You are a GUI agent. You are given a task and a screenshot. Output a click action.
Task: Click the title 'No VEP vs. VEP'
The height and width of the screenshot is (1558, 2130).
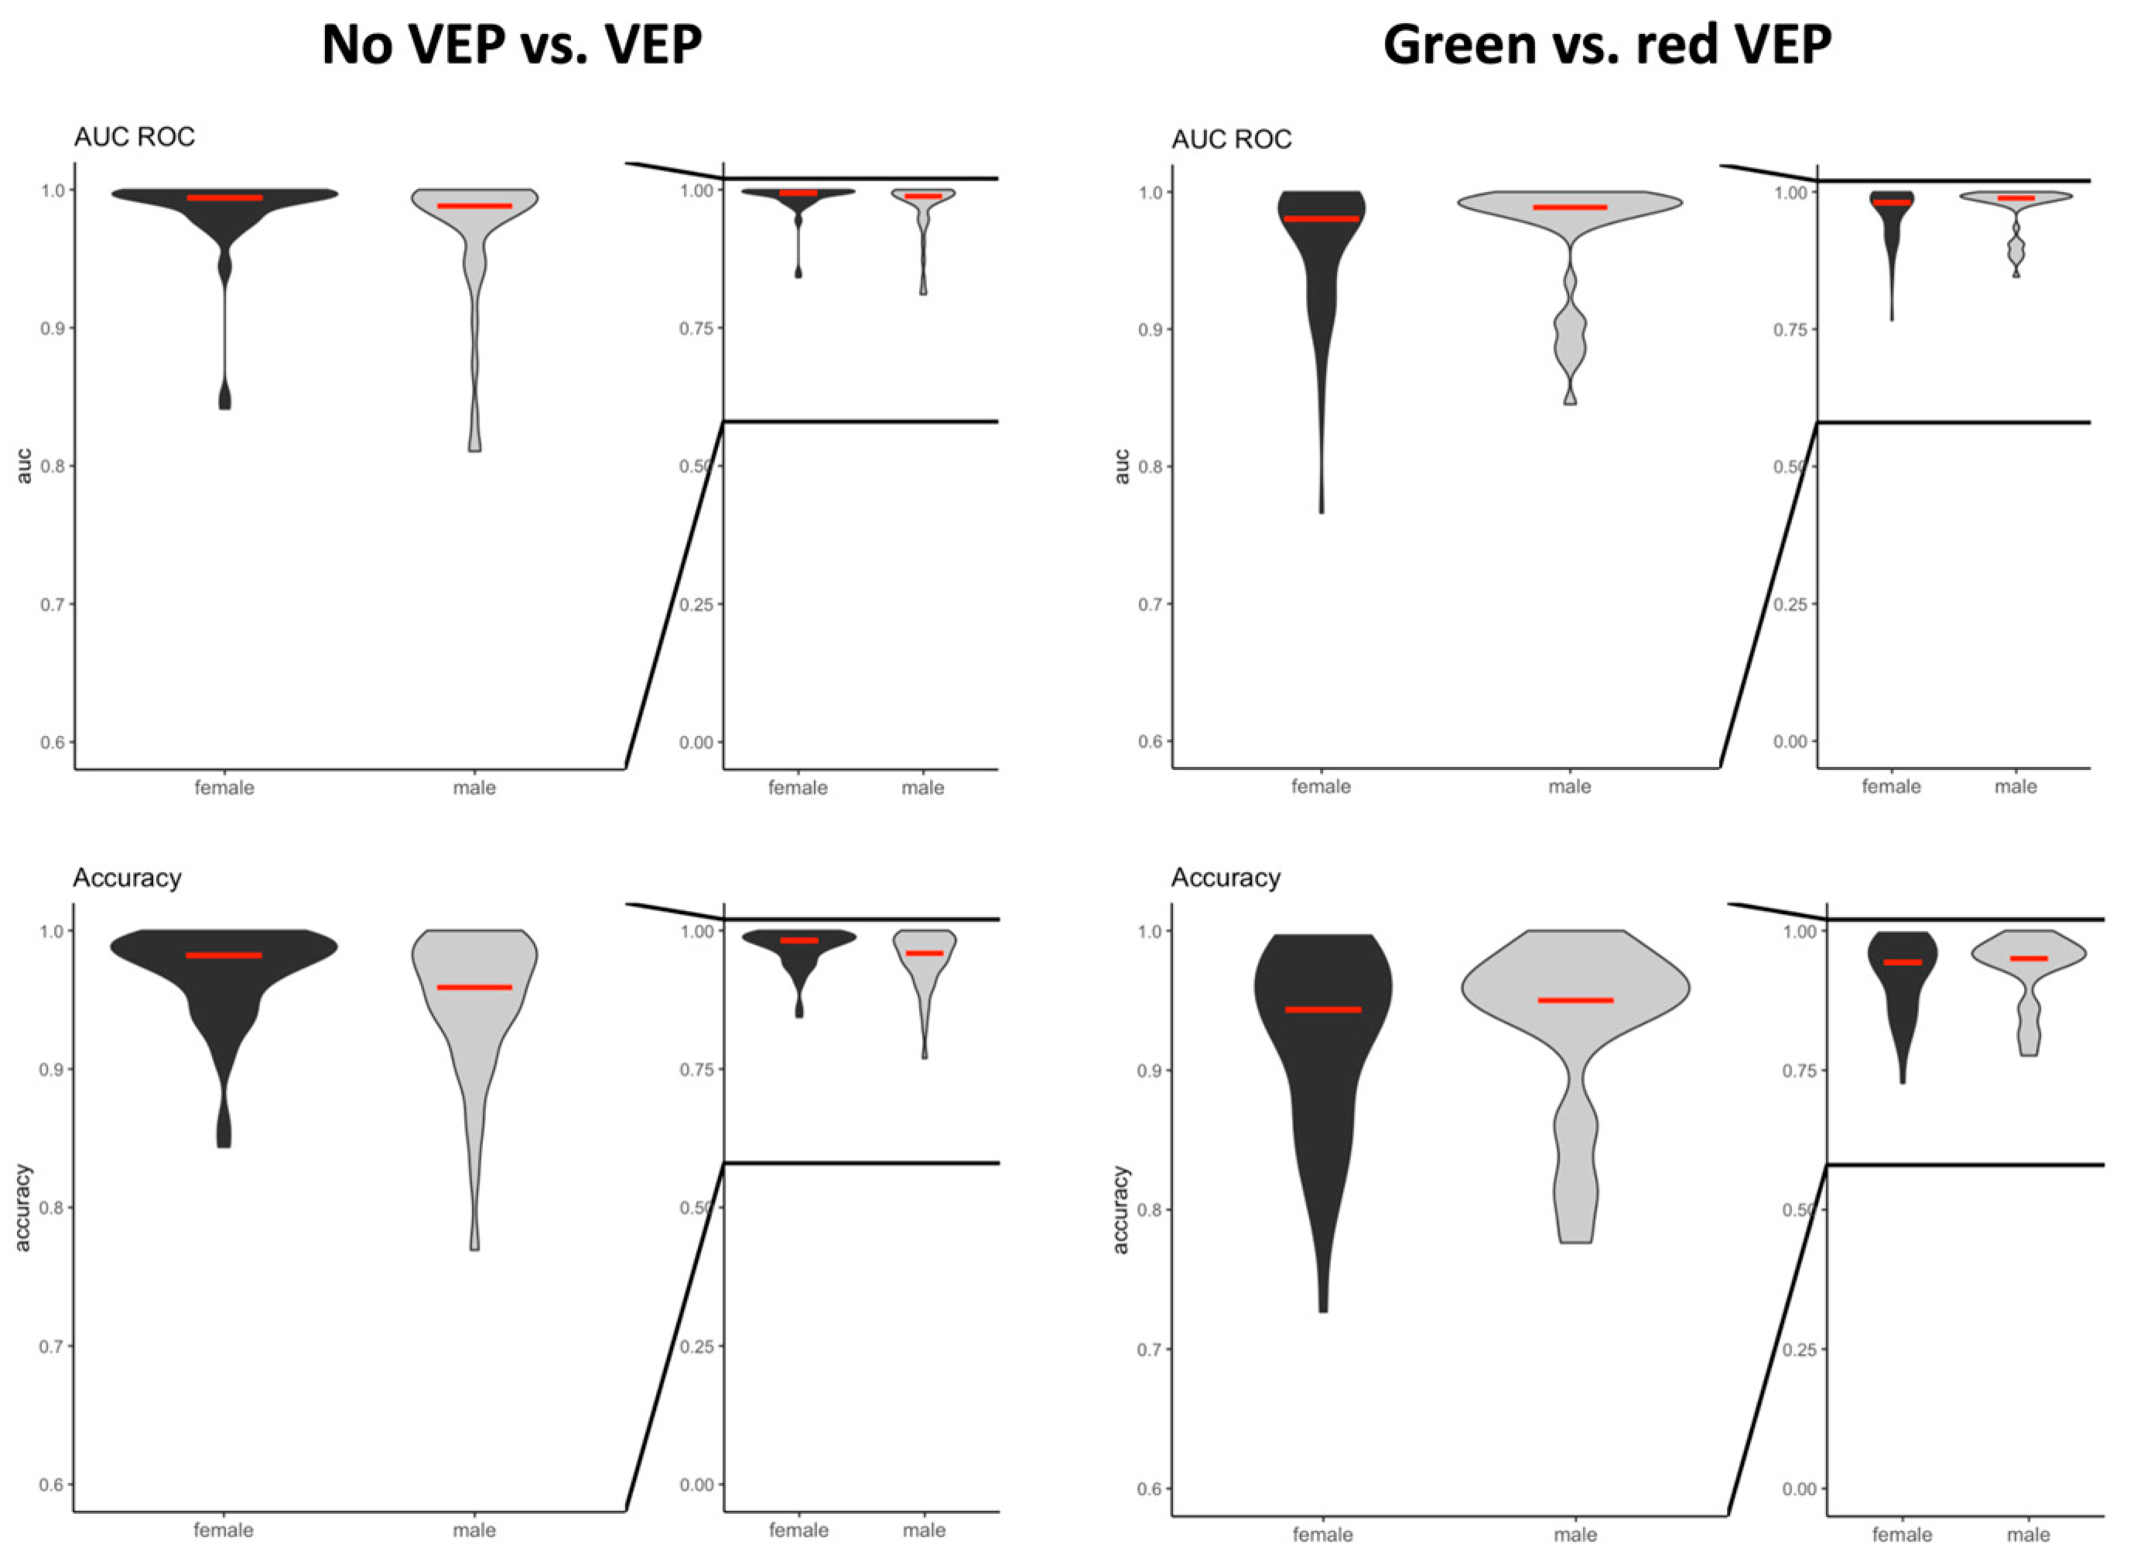click(x=511, y=44)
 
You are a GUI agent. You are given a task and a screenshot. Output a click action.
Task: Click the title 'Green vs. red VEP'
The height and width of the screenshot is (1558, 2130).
click(x=1607, y=44)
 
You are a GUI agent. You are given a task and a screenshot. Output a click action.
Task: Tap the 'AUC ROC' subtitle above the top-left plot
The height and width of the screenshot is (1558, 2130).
click(x=134, y=138)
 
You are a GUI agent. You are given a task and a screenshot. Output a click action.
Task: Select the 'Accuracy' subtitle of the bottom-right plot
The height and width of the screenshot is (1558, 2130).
click(x=1225, y=878)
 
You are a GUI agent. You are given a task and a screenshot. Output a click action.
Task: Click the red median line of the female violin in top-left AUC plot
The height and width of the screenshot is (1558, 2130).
click(x=224, y=198)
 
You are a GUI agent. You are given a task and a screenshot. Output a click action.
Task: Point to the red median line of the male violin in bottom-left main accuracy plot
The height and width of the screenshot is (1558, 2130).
click(x=474, y=988)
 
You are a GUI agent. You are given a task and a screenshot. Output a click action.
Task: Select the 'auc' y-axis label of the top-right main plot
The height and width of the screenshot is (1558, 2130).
click(x=1121, y=466)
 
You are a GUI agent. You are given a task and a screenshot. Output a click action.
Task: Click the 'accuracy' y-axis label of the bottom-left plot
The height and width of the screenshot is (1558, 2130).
click(x=22, y=1208)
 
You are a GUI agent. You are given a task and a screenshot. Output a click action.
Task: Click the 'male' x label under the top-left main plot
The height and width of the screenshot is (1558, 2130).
click(x=474, y=787)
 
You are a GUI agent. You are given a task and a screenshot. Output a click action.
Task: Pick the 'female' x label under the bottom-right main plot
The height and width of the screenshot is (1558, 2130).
click(x=1323, y=1536)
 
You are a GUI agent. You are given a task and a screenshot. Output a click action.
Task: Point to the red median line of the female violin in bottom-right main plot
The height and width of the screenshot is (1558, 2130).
click(x=1323, y=1010)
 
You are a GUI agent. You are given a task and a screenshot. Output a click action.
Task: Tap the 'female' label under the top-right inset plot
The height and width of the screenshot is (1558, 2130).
click(x=1890, y=786)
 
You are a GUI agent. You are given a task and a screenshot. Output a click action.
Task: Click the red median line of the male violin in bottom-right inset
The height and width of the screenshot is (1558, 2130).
click(x=2028, y=958)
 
